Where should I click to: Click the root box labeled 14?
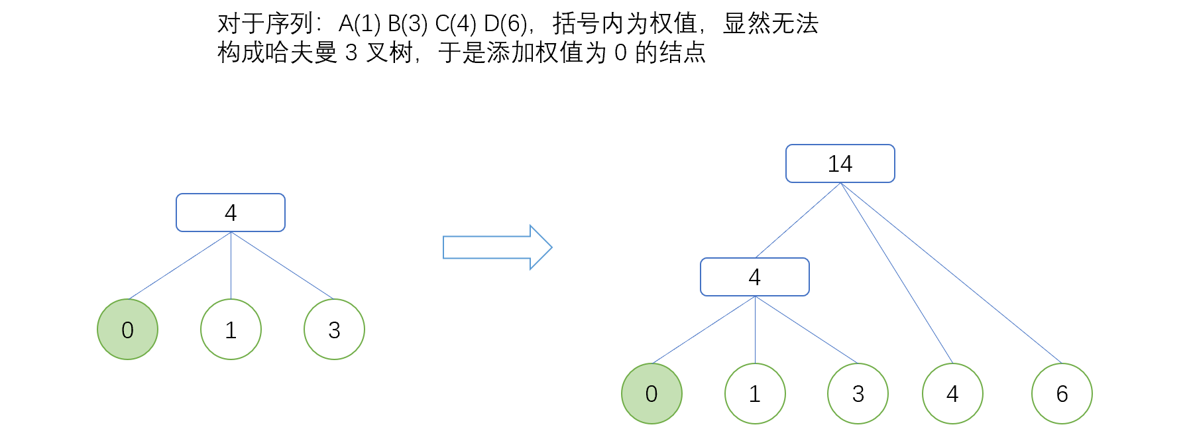[x=840, y=164]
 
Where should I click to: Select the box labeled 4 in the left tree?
[x=230, y=213]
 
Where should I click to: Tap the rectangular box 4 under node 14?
[x=754, y=277]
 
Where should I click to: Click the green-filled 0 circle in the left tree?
[x=127, y=330]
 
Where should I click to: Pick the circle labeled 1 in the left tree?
[x=231, y=330]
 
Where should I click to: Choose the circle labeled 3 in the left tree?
[x=334, y=330]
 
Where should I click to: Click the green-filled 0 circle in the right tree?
[x=651, y=394]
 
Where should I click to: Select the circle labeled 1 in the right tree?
[x=755, y=394]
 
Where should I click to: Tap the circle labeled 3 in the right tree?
[x=858, y=394]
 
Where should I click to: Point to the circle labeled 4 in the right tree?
[x=952, y=394]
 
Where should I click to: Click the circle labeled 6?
[x=1062, y=394]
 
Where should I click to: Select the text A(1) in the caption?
[x=359, y=25]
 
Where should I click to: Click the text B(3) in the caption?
[x=408, y=25]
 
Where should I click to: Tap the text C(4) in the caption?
[x=455, y=25]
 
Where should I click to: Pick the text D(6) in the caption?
[x=505, y=25]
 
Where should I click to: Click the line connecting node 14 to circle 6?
[x=951, y=273]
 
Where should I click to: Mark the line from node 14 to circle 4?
[x=896, y=273]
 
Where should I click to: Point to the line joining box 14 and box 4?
[x=798, y=220]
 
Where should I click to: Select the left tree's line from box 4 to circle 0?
[x=180, y=265]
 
